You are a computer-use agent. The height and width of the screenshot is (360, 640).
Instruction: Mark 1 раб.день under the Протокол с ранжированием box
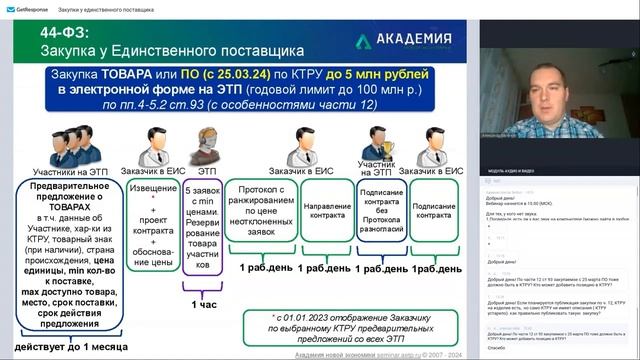tap(265, 269)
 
